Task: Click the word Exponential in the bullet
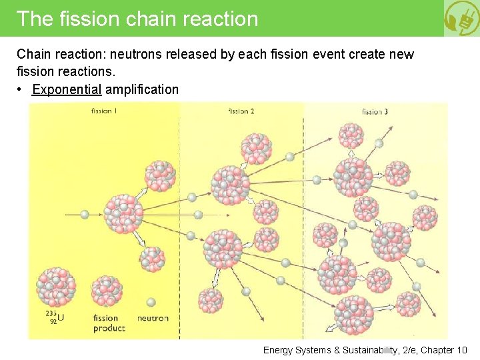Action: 67,89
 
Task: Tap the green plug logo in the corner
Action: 461,18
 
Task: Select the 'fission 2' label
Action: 241,111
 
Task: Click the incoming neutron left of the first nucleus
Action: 84,215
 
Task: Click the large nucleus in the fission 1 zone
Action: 123,214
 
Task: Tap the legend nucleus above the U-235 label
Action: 56,287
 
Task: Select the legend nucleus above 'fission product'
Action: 107,290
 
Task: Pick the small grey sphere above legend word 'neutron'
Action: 151,302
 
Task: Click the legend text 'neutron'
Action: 153,319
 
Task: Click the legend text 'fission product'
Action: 108,323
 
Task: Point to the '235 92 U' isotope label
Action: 55,317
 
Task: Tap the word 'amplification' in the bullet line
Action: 142,89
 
